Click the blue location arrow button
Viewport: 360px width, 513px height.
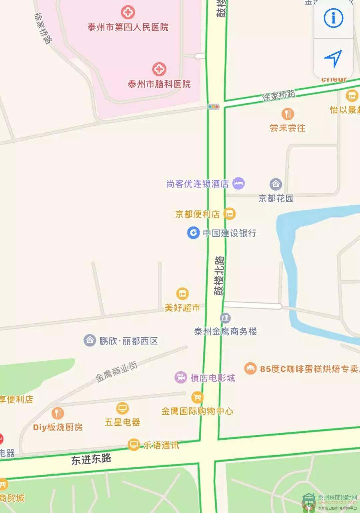pyautogui.click(x=333, y=58)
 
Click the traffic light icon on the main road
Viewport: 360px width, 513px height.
pyautogui.click(x=214, y=107)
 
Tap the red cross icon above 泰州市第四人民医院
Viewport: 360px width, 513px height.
pyautogui.click(x=128, y=12)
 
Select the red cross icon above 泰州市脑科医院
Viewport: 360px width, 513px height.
pyautogui.click(x=159, y=69)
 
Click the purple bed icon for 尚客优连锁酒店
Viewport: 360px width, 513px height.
pyautogui.click(x=238, y=183)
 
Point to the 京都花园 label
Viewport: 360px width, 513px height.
pyautogui.click(x=276, y=198)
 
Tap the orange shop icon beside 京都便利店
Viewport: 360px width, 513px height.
pyautogui.click(x=229, y=214)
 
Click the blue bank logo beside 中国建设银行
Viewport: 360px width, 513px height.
pyautogui.click(x=193, y=233)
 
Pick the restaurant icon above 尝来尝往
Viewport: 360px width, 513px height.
pyautogui.click(x=287, y=114)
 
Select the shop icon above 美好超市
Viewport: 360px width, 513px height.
pyautogui.click(x=182, y=294)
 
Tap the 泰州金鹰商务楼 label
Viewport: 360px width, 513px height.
pyautogui.click(x=225, y=331)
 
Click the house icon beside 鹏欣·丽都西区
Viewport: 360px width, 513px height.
pyautogui.click(x=90, y=340)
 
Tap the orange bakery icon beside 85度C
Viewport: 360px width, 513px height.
pyautogui.click(x=250, y=368)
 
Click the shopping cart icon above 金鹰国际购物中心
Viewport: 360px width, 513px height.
pyautogui.click(x=197, y=397)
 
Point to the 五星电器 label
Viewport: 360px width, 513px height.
pyautogui.click(x=122, y=422)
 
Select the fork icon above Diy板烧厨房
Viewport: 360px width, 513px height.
pyautogui.click(x=58, y=413)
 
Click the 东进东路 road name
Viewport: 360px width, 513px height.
pyautogui.click(x=91, y=459)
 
